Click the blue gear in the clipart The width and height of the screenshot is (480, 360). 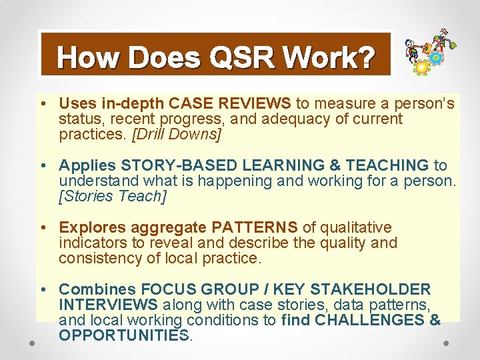point(437,58)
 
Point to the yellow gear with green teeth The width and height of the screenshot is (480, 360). point(421,67)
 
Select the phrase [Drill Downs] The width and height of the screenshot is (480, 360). point(177,135)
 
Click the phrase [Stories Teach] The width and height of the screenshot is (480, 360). point(112,197)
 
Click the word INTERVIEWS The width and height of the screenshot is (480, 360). point(108,305)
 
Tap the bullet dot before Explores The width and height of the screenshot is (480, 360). point(43,228)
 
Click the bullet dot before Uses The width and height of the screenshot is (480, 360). point(43,104)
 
